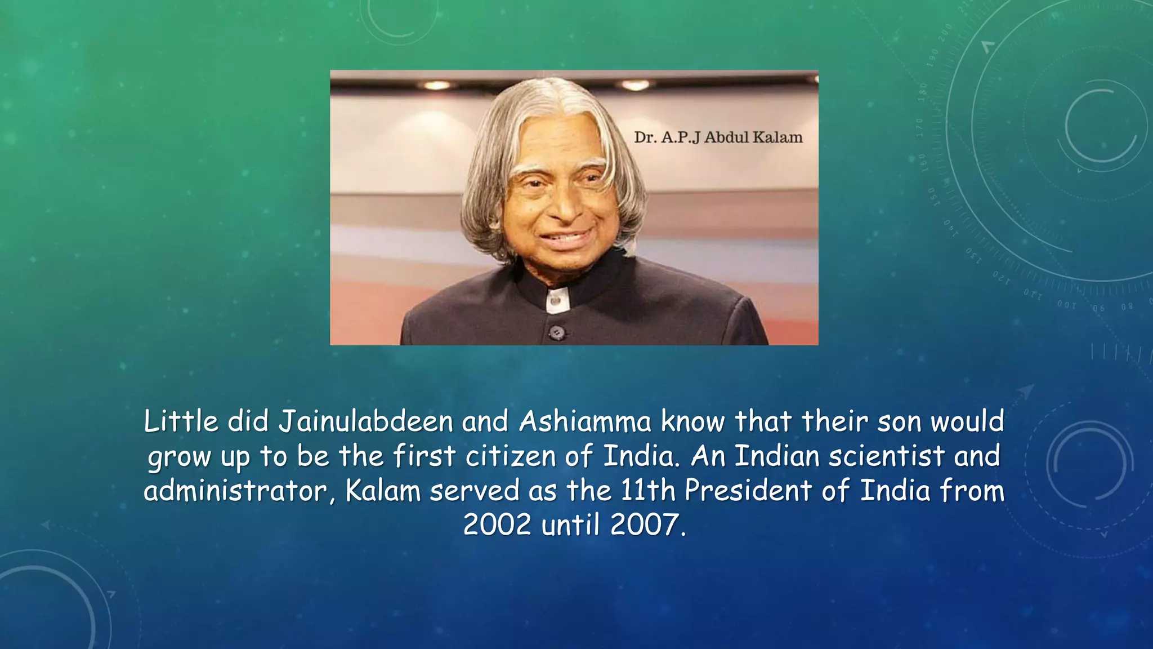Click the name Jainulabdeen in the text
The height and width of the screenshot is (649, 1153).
point(366,421)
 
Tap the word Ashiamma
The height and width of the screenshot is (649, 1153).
point(585,421)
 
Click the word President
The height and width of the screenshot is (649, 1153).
point(748,490)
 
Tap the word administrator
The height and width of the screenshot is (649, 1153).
point(239,490)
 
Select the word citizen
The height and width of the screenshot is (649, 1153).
point(511,456)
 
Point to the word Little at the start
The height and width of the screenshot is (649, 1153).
point(181,421)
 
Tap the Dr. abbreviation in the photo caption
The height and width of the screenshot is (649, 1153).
point(645,137)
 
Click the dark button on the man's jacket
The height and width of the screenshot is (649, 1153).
point(557,332)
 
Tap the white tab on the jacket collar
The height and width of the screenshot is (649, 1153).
point(557,300)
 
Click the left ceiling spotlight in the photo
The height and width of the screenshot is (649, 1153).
point(437,86)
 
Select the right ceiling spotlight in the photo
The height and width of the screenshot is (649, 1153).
point(635,86)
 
